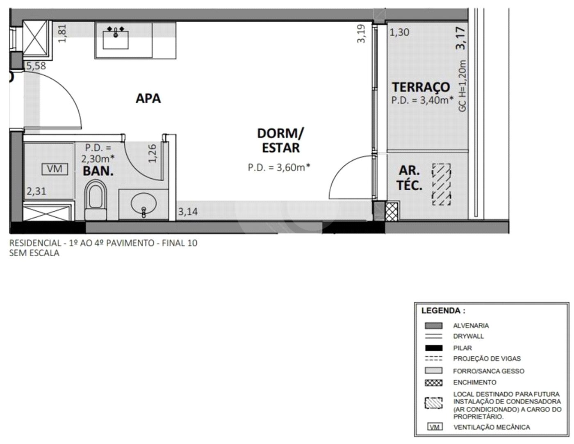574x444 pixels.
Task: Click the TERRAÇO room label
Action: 421,87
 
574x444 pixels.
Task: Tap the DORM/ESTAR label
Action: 280,141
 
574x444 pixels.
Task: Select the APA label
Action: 148,98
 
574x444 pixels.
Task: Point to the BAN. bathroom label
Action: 98,171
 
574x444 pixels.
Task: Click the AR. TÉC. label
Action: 409,178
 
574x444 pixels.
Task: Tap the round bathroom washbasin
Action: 143,204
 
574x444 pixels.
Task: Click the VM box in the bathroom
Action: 55,169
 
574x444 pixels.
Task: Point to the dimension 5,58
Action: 36,66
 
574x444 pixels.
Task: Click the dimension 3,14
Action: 188,212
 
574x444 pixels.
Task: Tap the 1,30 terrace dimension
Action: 400,32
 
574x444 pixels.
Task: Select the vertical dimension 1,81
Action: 62,33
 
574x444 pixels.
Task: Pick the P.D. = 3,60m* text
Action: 279,167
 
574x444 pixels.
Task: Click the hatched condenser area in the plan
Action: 442,184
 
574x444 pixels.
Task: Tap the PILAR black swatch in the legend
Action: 434,348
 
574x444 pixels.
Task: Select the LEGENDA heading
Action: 443,311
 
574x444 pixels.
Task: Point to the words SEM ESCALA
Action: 34,253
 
